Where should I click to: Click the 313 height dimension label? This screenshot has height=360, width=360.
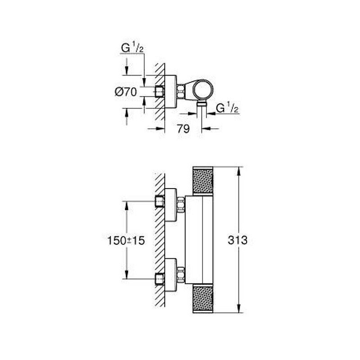(238, 240)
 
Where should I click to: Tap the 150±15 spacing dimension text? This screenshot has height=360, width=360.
(126, 241)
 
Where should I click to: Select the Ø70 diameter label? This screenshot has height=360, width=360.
(126, 92)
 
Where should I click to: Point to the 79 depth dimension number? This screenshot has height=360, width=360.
(183, 129)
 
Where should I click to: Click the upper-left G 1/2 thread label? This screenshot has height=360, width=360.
(132, 48)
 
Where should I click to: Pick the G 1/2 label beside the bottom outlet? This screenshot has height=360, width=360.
(227, 108)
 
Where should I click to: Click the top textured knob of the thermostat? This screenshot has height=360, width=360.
(203, 181)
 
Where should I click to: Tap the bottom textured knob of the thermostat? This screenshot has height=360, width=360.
(203, 298)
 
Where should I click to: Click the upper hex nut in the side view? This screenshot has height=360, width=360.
(181, 204)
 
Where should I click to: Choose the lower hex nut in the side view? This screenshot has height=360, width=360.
(181, 275)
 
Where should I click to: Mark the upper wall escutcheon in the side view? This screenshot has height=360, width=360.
(171, 205)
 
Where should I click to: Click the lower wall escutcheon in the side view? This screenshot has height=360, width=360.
(171, 275)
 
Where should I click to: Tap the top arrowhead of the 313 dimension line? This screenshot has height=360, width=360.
(239, 171)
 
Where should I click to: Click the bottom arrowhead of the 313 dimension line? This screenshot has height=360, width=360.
(239, 308)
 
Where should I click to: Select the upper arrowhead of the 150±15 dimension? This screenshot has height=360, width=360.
(126, 206)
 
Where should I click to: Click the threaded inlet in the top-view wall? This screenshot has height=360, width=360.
(160, 92)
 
